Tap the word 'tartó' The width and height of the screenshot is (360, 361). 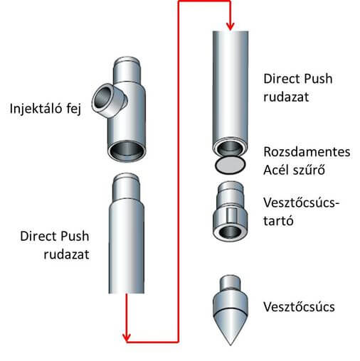(x=278, y=221)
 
